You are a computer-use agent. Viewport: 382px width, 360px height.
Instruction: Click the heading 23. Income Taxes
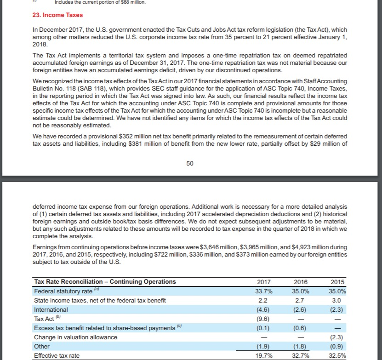click(x=54, y=15)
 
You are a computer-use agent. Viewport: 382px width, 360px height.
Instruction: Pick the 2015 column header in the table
click(x=338, y=282)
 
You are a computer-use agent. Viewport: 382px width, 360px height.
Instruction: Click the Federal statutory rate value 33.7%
click(x=263, y=291)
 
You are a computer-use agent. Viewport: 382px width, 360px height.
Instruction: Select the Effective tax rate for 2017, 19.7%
click(x=263, y=355)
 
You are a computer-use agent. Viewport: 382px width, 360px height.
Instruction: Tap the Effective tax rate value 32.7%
click(x=301, y=355)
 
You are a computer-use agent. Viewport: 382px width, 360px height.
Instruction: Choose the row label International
click(x=51, y=309)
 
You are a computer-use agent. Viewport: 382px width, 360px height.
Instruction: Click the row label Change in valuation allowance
click(x=76, y=337)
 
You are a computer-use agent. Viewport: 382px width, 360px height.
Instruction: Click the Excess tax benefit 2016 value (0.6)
click(x=300, y=328)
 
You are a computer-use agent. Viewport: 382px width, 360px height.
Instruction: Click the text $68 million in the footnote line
click(x=131, y=2)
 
